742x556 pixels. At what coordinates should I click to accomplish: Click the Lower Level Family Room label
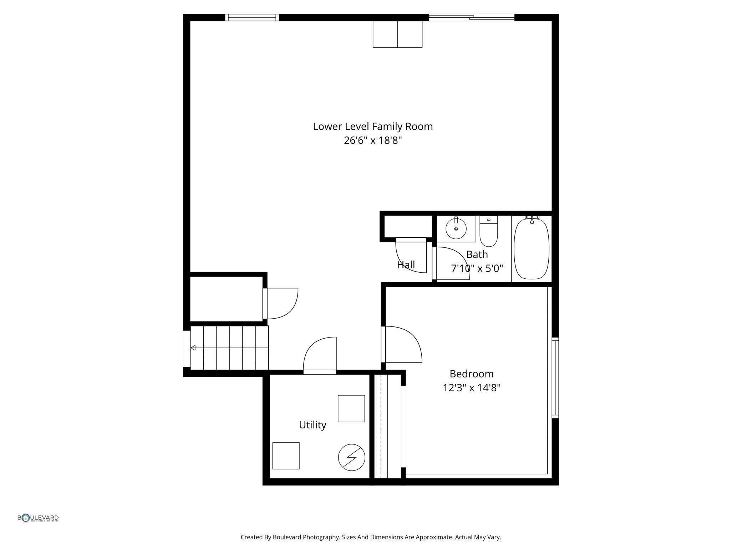coord(372,127)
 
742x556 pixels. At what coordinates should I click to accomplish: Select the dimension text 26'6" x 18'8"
coord(372,140)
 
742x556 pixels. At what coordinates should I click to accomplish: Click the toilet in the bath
coord(488,232)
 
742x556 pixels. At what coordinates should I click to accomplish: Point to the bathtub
coord(531,249)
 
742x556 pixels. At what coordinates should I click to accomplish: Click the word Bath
coord(477,254)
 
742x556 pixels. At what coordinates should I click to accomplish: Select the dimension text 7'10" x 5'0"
coord(477,268)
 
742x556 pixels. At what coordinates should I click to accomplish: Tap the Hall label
coord(406,265)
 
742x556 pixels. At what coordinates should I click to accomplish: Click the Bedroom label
coord(471,374)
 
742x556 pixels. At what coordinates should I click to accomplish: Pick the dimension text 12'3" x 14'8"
coord(471,388)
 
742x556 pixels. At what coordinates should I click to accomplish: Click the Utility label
coord(312,425)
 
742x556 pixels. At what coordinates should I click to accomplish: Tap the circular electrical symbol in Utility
coord(351,457)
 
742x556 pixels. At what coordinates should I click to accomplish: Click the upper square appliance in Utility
coord(351,408)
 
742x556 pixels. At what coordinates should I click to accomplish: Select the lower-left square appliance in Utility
coord(286,456)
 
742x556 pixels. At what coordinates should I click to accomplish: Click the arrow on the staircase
coord(193,348)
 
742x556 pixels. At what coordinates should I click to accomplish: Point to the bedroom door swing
coord(403,345)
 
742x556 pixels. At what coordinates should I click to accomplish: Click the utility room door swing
coord(320,355)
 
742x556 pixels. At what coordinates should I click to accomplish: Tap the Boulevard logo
coord(38,518)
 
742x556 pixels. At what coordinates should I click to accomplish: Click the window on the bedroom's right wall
coord(555,378)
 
